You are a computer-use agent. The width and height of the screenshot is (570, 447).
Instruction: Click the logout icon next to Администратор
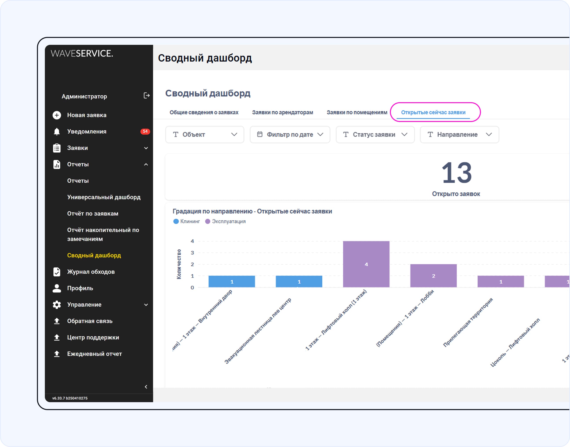[x=146, y=96]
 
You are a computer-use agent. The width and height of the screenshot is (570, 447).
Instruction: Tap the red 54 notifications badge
[x=145, y=131]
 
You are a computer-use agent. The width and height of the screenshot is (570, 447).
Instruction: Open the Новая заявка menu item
[x=87, y=115]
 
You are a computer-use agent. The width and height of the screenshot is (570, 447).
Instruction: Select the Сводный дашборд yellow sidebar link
[x=94, y=255]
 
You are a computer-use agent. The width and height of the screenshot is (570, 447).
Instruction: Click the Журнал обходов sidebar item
[x=91, y=272]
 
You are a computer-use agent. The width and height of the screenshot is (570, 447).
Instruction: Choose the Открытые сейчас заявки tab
[x=433, y=112]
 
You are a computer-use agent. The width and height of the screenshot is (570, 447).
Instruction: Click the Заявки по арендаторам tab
[x=283, y=112]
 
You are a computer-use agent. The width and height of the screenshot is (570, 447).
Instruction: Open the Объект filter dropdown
[x=205, y=134]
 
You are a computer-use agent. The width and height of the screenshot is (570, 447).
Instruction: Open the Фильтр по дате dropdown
[x=290, y=134]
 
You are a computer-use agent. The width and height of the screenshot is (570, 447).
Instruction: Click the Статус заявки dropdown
[x=375, y=134]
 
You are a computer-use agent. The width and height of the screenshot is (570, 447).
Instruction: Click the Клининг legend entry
[x=187, y=221]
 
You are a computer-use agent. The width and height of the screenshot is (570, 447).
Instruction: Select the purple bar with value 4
[x=366, y=264]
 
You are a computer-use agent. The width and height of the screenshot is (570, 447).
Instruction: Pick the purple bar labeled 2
[x=433, y=276]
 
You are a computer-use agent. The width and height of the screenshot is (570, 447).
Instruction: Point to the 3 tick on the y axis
[x=192, y=253]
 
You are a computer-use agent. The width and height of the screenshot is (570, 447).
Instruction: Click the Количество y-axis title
[x=179, y=264]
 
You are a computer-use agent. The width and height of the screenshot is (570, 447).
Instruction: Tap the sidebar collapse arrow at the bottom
[x=146, y=387]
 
